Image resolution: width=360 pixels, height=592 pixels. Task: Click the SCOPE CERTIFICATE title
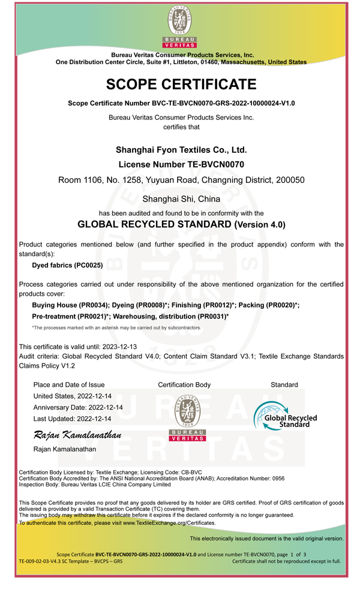coord(181,85)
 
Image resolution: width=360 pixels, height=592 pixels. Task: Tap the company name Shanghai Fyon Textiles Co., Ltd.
coord(181,150)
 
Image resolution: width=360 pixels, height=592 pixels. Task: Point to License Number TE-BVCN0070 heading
coord(181,164)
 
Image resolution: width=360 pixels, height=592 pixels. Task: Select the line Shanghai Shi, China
coord(181,199)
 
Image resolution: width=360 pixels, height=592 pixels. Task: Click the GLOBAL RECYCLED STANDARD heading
coord(155,225)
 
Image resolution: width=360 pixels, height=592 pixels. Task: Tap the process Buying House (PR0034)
coord(70,305)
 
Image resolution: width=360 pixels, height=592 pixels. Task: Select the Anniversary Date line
coord(78,407)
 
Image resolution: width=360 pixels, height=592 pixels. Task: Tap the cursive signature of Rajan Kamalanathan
coord(77,435)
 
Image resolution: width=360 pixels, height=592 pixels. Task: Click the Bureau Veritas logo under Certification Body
coord(188,418)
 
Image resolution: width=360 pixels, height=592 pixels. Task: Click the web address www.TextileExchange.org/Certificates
coord(169,523)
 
